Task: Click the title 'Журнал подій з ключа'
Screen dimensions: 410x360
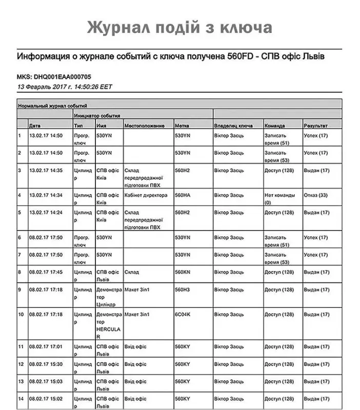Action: (179, 27)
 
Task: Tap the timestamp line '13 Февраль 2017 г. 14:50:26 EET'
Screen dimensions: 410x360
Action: (65, 87)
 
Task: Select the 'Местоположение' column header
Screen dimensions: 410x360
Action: (144, 125)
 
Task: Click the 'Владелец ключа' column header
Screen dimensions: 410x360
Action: (233, 125)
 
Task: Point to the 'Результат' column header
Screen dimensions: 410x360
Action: (315, 125)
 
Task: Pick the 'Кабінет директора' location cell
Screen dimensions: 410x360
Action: (146, 195)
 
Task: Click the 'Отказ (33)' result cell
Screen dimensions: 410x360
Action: (316, 195)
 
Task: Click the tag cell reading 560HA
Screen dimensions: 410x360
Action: (183, 195)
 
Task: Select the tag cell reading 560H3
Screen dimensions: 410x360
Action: (183, 290)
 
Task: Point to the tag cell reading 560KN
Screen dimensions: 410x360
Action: (183, 272)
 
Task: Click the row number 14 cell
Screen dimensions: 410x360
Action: (21, 399)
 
